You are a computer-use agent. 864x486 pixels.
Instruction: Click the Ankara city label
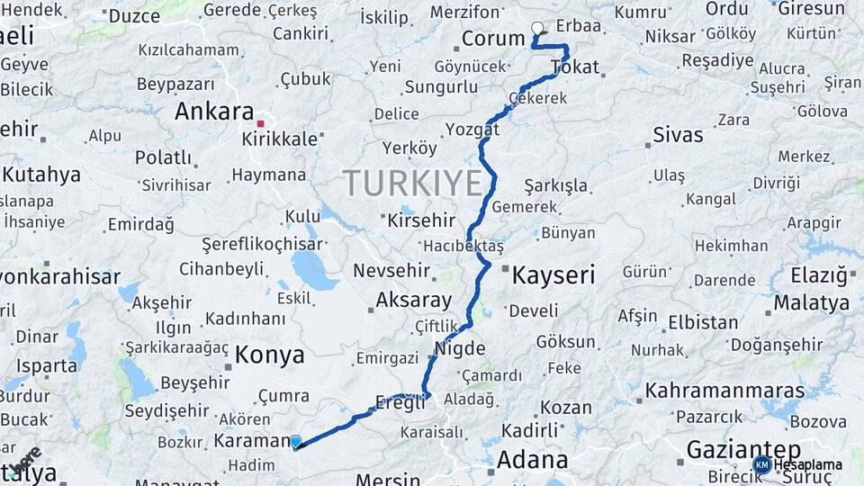tap(214, 112)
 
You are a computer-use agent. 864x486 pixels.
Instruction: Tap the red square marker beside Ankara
tap(260, 123)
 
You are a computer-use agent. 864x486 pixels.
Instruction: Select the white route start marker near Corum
tap(538, 28)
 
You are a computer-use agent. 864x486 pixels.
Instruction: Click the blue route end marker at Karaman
tap(295, 441)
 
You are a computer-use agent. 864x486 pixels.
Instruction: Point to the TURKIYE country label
tap(413, 184)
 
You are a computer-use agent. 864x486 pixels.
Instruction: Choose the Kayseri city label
tap(553, 275)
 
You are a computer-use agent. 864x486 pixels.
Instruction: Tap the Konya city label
tap(270, 355)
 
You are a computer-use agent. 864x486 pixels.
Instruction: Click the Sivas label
tap(678, 135)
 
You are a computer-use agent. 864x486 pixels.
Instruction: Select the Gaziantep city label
tap(743, 449)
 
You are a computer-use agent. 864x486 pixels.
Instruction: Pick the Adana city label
tap(533, 460)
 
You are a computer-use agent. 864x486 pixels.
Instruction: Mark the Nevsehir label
tap(394, 271)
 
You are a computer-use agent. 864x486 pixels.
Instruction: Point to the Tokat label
tap(574, 67)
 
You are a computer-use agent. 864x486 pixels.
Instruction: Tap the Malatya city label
tap(812, 301)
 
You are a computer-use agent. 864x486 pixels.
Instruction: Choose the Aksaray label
tap(413, 300)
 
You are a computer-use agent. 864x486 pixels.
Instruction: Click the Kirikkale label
tap(280, 139)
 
